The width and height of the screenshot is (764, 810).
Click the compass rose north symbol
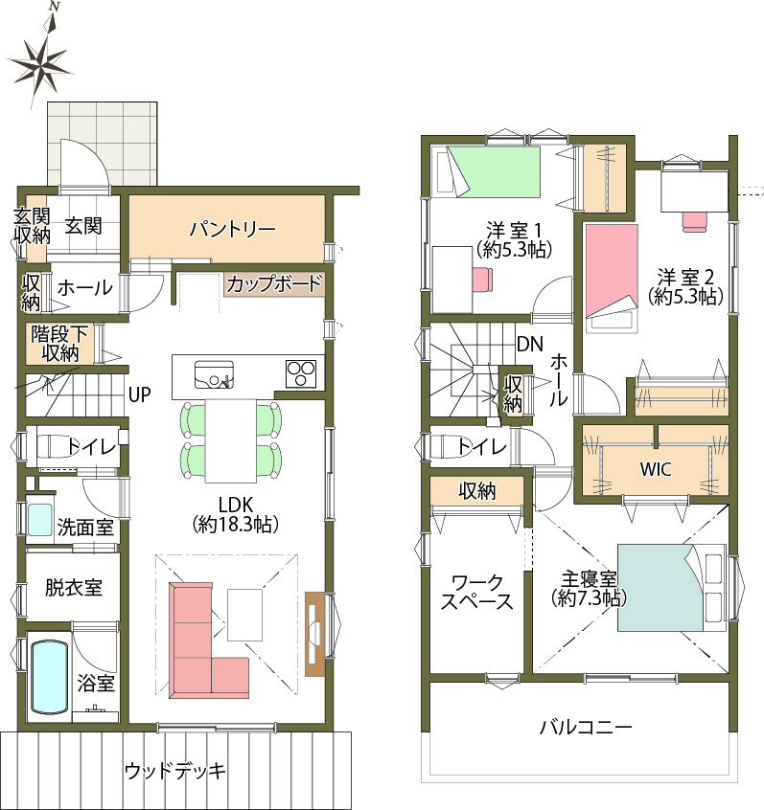point(41,57)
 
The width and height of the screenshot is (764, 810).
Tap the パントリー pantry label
point(232,229)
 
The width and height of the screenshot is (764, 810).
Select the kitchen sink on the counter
point(214,374)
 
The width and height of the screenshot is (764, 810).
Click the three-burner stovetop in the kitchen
point(301,373)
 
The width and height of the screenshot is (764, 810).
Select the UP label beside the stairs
point(140,395)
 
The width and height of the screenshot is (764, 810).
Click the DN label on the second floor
point(530,344)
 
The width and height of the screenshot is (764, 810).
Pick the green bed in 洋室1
point(493,171)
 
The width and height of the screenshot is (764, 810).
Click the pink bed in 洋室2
point(612,278)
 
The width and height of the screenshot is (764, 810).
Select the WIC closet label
point(656,469)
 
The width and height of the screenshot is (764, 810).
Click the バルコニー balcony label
point(586,728)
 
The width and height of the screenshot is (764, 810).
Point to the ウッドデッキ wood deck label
point(175,771)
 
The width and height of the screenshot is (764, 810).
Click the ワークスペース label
point(476,592)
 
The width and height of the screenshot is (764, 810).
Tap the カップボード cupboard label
point(273,283)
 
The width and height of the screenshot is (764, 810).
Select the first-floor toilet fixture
point(55,446)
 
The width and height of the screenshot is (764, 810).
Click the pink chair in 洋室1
point(482,278)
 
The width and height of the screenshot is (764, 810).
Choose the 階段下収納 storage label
point(59,344)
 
